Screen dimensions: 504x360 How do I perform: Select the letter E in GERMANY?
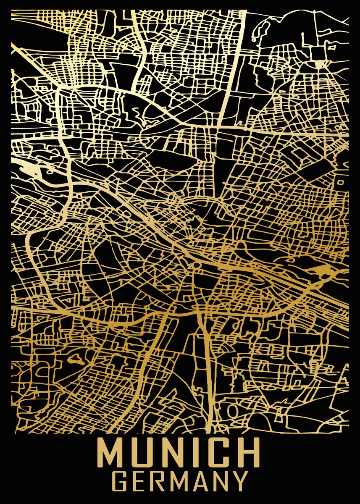[141, 481]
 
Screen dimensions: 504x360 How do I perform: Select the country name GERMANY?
[181, 481]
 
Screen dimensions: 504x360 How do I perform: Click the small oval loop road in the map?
[231, 409]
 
